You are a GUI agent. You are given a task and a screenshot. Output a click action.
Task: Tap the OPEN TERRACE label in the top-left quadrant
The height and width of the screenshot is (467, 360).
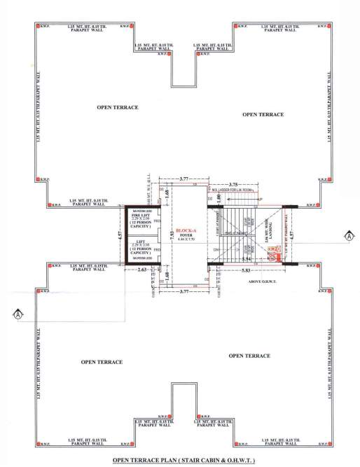(117, 107)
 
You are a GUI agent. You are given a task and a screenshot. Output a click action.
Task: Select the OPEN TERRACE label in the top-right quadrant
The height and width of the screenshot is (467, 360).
(263, 113)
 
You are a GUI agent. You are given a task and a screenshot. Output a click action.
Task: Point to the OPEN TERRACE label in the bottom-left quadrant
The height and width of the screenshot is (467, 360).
(102, 361)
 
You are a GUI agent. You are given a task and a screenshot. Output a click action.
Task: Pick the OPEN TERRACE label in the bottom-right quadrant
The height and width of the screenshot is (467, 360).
(249, 356)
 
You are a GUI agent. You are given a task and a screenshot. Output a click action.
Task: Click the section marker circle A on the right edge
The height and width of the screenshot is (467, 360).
(348, 236)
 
